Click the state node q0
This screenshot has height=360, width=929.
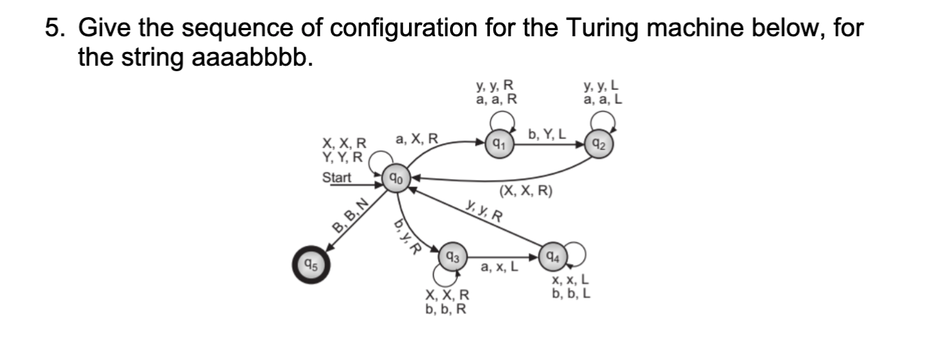point(395,179)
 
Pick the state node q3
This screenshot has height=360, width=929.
point(452,257)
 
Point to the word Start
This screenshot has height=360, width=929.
point(337,178)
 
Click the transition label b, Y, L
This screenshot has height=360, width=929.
point(548,134)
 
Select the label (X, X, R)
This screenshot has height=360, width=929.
point(526,191)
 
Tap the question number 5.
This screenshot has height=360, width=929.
point(52,28)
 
